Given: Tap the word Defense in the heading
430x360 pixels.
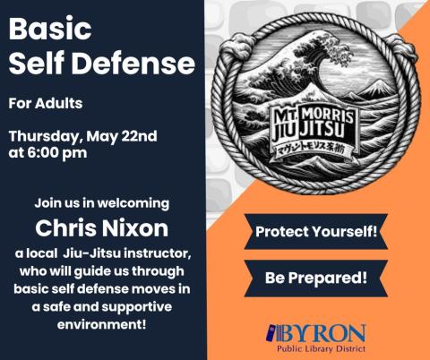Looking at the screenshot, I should point(144,64).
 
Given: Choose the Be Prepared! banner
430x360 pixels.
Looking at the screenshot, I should point(316,278).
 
